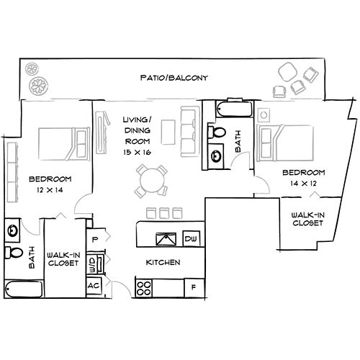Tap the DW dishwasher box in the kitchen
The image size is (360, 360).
click(x=191, y=238)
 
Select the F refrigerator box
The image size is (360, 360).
click(x=192, y=287)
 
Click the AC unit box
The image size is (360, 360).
click(x=94, y=284)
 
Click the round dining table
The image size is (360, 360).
click(x=151, y=180)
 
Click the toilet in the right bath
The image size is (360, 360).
click(x=217, y=132)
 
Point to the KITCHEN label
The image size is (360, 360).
click(x=163, y=262)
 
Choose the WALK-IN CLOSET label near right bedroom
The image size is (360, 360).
click(x=307, y=219)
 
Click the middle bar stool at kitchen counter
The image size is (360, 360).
click(x=164, y=213)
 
